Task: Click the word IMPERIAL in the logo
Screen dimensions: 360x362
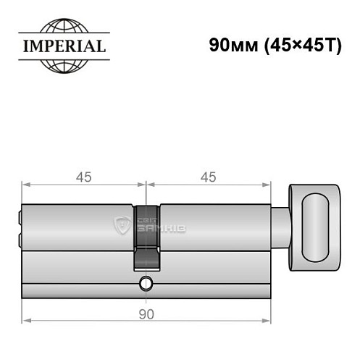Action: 64,46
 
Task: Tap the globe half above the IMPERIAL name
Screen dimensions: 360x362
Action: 64,25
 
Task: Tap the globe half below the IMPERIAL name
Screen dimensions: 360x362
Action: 64,67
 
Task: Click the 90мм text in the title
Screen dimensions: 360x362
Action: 233,45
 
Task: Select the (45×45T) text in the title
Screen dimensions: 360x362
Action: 304,46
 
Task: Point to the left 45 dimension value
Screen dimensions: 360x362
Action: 84,177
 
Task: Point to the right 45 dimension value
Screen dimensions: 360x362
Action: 209,177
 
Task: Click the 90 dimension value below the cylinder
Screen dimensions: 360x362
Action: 146,314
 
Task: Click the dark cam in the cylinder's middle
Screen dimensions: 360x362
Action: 146,237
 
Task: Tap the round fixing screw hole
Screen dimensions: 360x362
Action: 146,283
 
